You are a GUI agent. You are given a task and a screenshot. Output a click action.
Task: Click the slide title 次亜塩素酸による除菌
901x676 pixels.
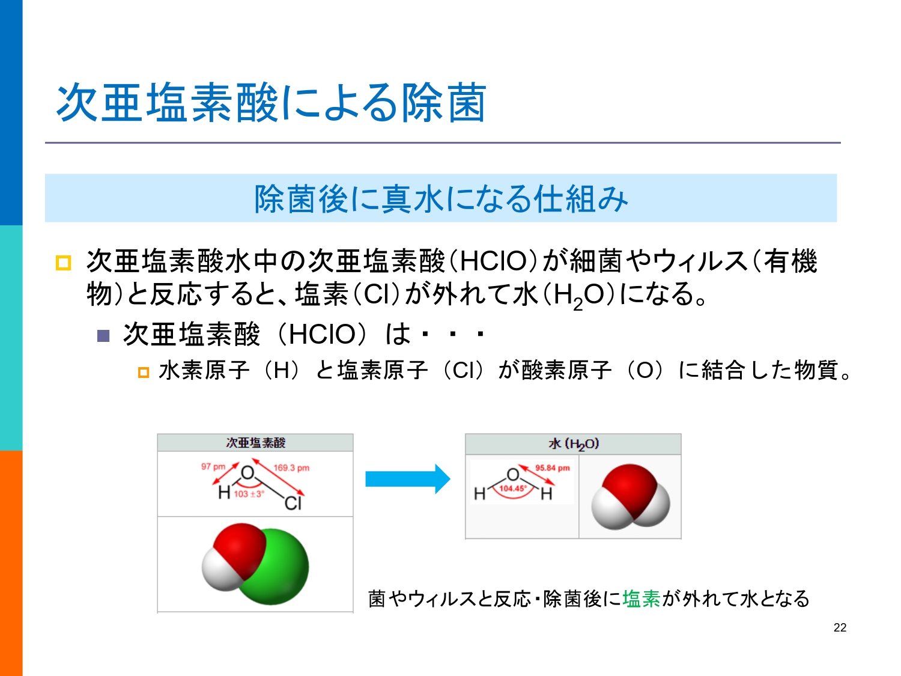coord(271,102)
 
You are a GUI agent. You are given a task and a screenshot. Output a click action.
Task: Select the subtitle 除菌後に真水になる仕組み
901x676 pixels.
coord(441,199)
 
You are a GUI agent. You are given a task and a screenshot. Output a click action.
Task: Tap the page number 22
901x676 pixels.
coord(840,627)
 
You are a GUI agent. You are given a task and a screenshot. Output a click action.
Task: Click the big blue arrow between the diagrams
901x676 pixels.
coord(408,479)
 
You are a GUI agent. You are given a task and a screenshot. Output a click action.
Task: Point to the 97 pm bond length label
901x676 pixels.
coord(213,467)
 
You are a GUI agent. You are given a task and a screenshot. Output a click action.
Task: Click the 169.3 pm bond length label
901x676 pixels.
coord(291,468)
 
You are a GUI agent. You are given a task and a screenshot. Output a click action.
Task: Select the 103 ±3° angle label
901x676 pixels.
coord(249,494)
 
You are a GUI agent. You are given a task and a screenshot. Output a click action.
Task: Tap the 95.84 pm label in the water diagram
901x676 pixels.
coord(553,468)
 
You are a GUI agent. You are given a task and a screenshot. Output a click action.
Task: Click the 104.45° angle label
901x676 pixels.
coord(513,489)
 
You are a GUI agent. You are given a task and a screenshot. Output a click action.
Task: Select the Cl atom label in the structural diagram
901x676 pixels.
coord(293,503)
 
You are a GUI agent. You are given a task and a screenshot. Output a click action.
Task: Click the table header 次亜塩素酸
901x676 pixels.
coord(255,442)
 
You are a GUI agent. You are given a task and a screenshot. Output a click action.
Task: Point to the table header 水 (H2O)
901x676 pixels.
coord(574,443)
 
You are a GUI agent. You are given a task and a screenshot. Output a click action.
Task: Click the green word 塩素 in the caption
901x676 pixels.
coord(641,598)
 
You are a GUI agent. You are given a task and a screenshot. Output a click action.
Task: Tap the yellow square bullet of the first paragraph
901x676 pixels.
coord(63,263)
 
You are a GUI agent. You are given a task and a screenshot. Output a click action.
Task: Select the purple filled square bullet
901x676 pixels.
coord(103,336)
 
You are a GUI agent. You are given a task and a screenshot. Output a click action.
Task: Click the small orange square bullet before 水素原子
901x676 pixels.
coord(143,373)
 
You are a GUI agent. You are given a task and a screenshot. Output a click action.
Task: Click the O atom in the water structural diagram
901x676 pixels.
coord(513,475)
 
